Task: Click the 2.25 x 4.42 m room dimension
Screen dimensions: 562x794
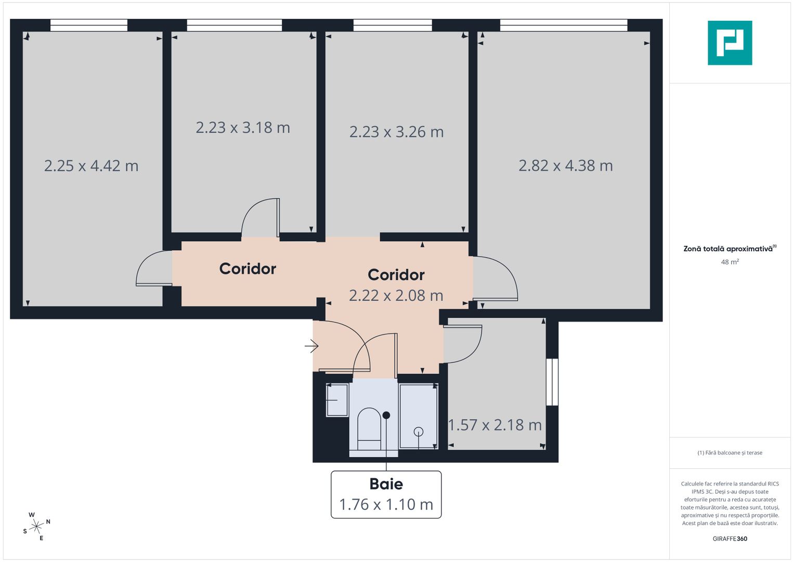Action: (x=91, y=166)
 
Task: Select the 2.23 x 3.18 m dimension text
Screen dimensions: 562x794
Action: (x=243, y=127)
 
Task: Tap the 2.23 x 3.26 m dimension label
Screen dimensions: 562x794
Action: (x=396, y=132)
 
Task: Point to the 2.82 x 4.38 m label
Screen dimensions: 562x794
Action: (x=565, y=166)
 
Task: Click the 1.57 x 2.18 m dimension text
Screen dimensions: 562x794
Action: (x=494, y=425)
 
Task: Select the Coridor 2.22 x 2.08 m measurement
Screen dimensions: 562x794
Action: (x=396, y=296)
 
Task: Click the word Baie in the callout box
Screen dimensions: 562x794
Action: (x=386, y=484)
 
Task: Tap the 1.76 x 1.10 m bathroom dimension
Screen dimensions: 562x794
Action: (x=386, y=505)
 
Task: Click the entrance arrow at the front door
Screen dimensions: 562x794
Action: (x=311, y=346)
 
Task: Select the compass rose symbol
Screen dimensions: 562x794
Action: (x=36, y=527)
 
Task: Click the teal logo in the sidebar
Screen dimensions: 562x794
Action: (x=730, y=43)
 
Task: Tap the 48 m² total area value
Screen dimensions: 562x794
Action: (x=730, y=262)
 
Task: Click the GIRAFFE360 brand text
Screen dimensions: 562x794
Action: (x=730, y=539)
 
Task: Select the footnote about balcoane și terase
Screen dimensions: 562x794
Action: (x=730, y=453)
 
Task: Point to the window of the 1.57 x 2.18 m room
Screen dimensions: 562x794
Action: (x=552, y=382)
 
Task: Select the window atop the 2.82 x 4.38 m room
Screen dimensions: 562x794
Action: (x=564, y=25)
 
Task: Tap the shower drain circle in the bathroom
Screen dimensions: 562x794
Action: (x=419, y=431)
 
